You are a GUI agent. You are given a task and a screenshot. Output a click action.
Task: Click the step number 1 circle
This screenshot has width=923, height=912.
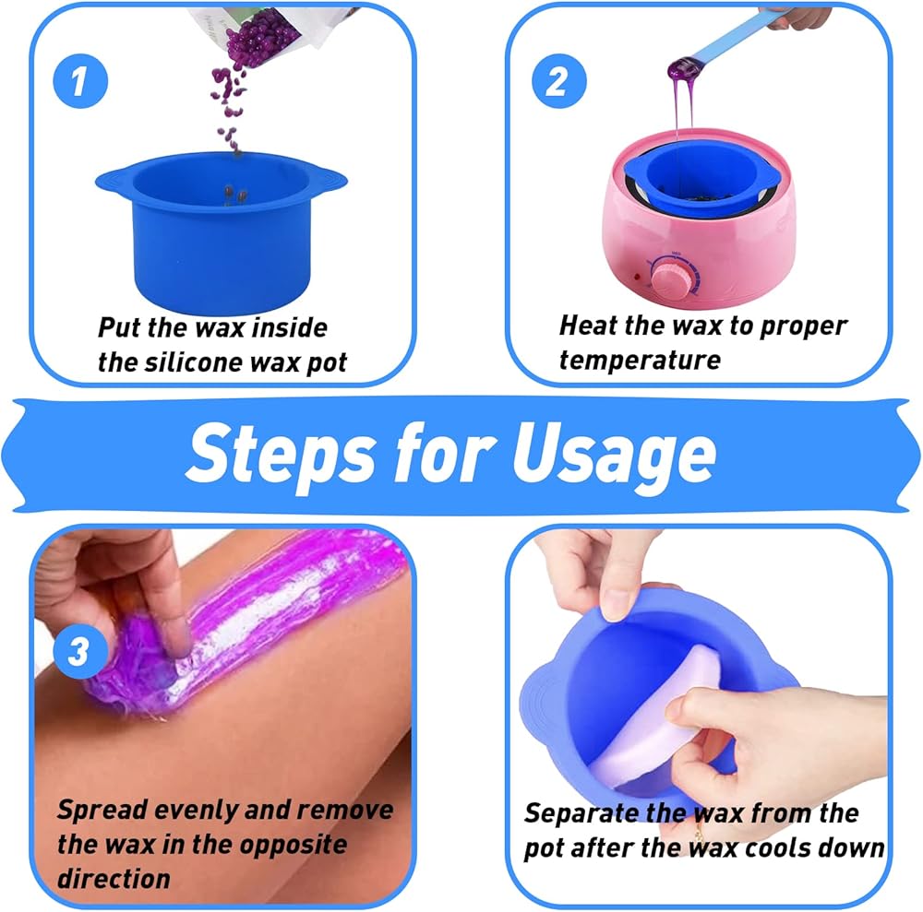pos(80,80)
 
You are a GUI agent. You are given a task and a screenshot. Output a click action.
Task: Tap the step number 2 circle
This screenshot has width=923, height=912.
pos(558,80)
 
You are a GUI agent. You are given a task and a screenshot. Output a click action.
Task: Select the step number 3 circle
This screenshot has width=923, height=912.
pos(80,651)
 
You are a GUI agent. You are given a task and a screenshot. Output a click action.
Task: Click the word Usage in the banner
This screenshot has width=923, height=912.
pos(614,455)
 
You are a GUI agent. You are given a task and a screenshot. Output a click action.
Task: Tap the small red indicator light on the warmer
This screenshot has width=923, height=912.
pos(636,277)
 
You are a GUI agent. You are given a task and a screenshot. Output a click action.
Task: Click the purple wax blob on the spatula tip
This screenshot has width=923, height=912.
pos(682,68)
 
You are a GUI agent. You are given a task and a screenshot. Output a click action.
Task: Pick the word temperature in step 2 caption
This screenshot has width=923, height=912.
pos(640,360)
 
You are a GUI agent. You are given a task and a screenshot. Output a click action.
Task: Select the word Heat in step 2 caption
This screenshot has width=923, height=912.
pos(582,326)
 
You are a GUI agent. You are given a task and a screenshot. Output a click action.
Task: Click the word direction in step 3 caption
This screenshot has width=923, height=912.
pos(114,879)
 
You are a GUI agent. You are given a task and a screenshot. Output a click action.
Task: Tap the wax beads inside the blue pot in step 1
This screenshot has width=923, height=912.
pos(234,194)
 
